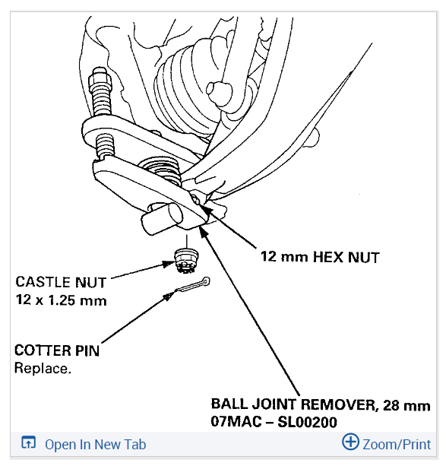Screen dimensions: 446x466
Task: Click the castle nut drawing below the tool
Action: coord(186,261)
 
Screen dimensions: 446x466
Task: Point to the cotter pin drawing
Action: coord(192,285)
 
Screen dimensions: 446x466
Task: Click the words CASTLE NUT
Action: coord(61,282)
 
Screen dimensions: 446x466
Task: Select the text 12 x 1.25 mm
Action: coord(61,300)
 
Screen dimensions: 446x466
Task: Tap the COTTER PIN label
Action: coord(57,350)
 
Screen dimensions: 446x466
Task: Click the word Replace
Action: coord(43,368)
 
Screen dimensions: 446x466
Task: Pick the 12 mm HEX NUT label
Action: coord(320,257)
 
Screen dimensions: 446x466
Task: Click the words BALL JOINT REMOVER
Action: coord(294,404)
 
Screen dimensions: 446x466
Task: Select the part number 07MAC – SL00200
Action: coord(274,422)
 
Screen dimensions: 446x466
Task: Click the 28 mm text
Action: coord(406,405)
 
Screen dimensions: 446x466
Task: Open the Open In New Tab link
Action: coord(96,445)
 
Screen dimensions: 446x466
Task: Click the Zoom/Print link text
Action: coord(397,445)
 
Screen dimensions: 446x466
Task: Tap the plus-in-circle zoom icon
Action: coord(350,442)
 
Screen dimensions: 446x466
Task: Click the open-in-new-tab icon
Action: coord(29,442)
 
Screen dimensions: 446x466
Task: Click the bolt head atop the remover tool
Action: coord(100,78)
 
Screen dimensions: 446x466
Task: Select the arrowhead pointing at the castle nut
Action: coord(169,263)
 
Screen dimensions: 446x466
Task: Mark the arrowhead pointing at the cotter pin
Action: coord(169,296)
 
